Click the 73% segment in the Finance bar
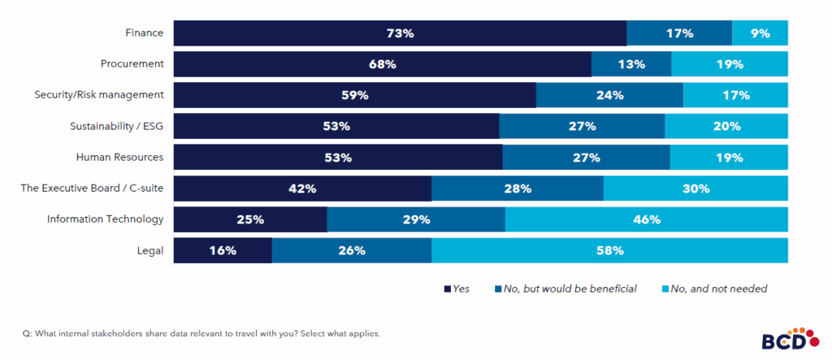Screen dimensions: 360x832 [400, 33]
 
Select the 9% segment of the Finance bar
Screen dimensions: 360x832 [760, 33]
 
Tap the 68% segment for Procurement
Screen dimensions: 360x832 [382, 64]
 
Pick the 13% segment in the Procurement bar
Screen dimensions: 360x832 [630, 64]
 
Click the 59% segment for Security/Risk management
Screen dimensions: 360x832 [355, 95]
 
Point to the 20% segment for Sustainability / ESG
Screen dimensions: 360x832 [726, 126]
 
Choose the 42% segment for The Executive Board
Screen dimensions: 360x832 [302, 189]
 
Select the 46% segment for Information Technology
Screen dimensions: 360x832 [646, 219]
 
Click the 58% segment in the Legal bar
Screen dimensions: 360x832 [609, 250]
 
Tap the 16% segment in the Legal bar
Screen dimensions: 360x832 [223, 250]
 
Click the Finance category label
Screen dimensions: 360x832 [145, 33]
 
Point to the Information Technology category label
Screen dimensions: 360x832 [106, 219]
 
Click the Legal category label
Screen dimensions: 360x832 [150, 250]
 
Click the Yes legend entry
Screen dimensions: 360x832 [457, 288]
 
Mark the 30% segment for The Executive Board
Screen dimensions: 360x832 [695, 189]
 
